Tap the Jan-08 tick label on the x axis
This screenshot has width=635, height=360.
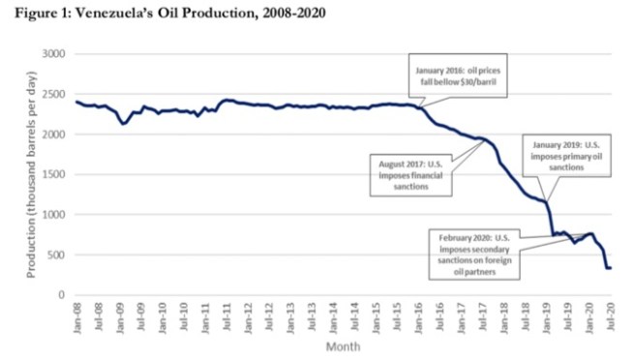coord(76,315)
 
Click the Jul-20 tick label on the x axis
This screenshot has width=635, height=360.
coord(610,315)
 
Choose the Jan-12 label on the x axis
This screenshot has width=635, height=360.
coord(247,315)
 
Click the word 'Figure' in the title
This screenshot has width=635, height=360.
coord(28,13)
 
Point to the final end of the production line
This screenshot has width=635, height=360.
coord(610,268)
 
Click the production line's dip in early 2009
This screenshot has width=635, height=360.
coord(122,124)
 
